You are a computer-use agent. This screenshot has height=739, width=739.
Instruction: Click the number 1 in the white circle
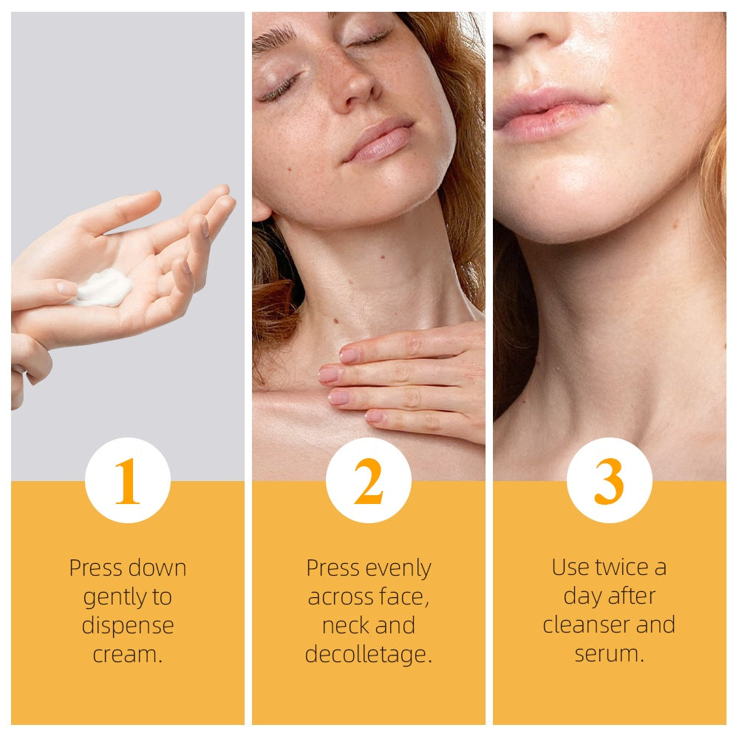coord(127,481)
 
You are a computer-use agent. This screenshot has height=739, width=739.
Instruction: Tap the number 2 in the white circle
coord(368,481)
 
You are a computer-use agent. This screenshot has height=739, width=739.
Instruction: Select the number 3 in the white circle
coord(609,481)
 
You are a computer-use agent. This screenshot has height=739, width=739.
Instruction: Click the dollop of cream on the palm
coord(103,287)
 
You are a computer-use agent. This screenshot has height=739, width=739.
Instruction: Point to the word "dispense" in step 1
coord(127,626)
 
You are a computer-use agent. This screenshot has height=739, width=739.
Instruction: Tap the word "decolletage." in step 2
coord(368,655)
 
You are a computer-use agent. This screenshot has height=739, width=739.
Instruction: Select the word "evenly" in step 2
coord(399,568)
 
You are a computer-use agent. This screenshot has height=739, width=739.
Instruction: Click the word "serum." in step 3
coord(609,654)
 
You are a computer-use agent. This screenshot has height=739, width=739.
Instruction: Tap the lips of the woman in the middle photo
coord(380,139)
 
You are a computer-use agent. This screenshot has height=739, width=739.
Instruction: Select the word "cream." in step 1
coord(127,655)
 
